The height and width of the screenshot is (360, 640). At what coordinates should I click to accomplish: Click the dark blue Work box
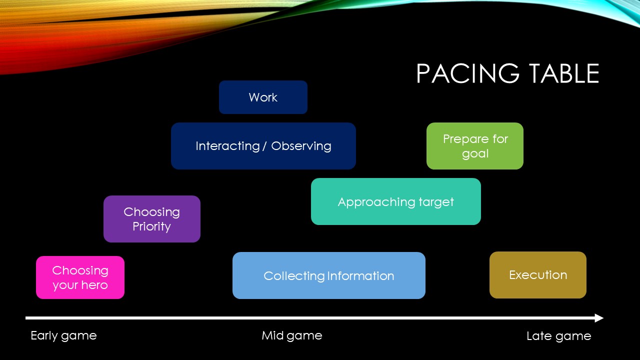click(263, 97)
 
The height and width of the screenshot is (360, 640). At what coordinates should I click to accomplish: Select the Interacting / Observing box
click(263, 146)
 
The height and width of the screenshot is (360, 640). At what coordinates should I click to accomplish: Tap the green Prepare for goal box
click(474, 146)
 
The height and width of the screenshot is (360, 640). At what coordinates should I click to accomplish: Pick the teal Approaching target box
click(395, 201)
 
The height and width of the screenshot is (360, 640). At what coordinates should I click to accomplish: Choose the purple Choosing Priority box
click(151, 219)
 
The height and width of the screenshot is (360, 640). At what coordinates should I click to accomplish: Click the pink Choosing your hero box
click(80, 277)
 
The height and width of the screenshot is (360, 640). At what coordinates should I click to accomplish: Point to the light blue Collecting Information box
click(328, 275)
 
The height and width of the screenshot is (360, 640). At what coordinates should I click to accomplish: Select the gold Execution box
click(537, 275)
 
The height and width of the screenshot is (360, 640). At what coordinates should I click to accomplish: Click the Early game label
click(63, 335)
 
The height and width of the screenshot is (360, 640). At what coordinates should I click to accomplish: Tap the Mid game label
click(291, 335)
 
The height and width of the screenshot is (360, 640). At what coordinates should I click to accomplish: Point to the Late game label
click(558, 336)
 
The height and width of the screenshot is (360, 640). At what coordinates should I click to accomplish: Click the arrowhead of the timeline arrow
click(599, 318)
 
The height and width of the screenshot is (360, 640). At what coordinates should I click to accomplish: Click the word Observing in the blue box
click(301, 146)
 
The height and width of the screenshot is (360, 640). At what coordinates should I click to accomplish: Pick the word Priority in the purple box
click(151, 226)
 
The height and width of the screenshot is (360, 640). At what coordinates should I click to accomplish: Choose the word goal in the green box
click(475, 153)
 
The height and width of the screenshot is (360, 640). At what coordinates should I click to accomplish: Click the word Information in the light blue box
click(360, 276)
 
